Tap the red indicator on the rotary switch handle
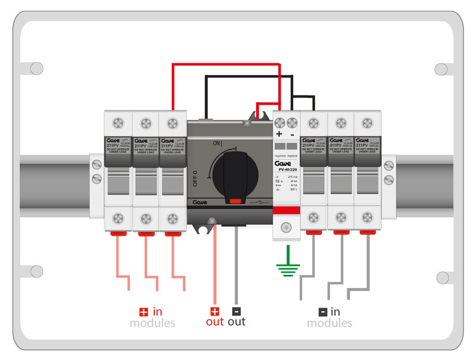(235, 200)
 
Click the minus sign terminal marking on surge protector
(292, 135)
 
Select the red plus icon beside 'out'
(214, 311)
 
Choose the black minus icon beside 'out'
(236, 311)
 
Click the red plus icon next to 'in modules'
(143, 312)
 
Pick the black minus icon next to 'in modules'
(322, 312)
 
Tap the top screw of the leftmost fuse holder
(118, 123)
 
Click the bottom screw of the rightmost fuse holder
(368, 218)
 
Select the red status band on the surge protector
(286, 210)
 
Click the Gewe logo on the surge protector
(286, 163)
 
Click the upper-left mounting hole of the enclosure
(36, 68)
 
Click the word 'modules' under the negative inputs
(329, 323)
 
